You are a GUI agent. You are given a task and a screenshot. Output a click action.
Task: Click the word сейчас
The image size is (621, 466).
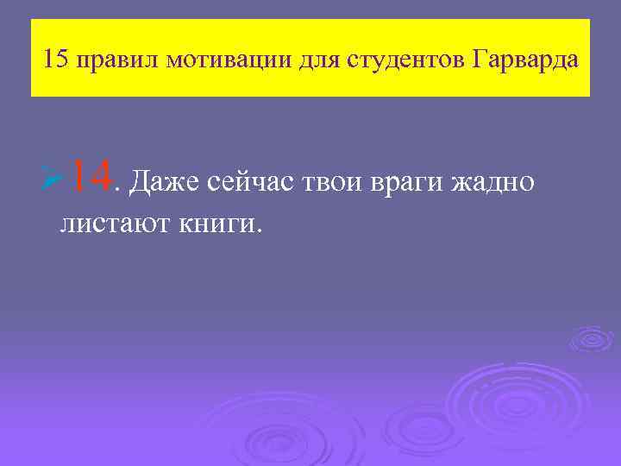(252, 182)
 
